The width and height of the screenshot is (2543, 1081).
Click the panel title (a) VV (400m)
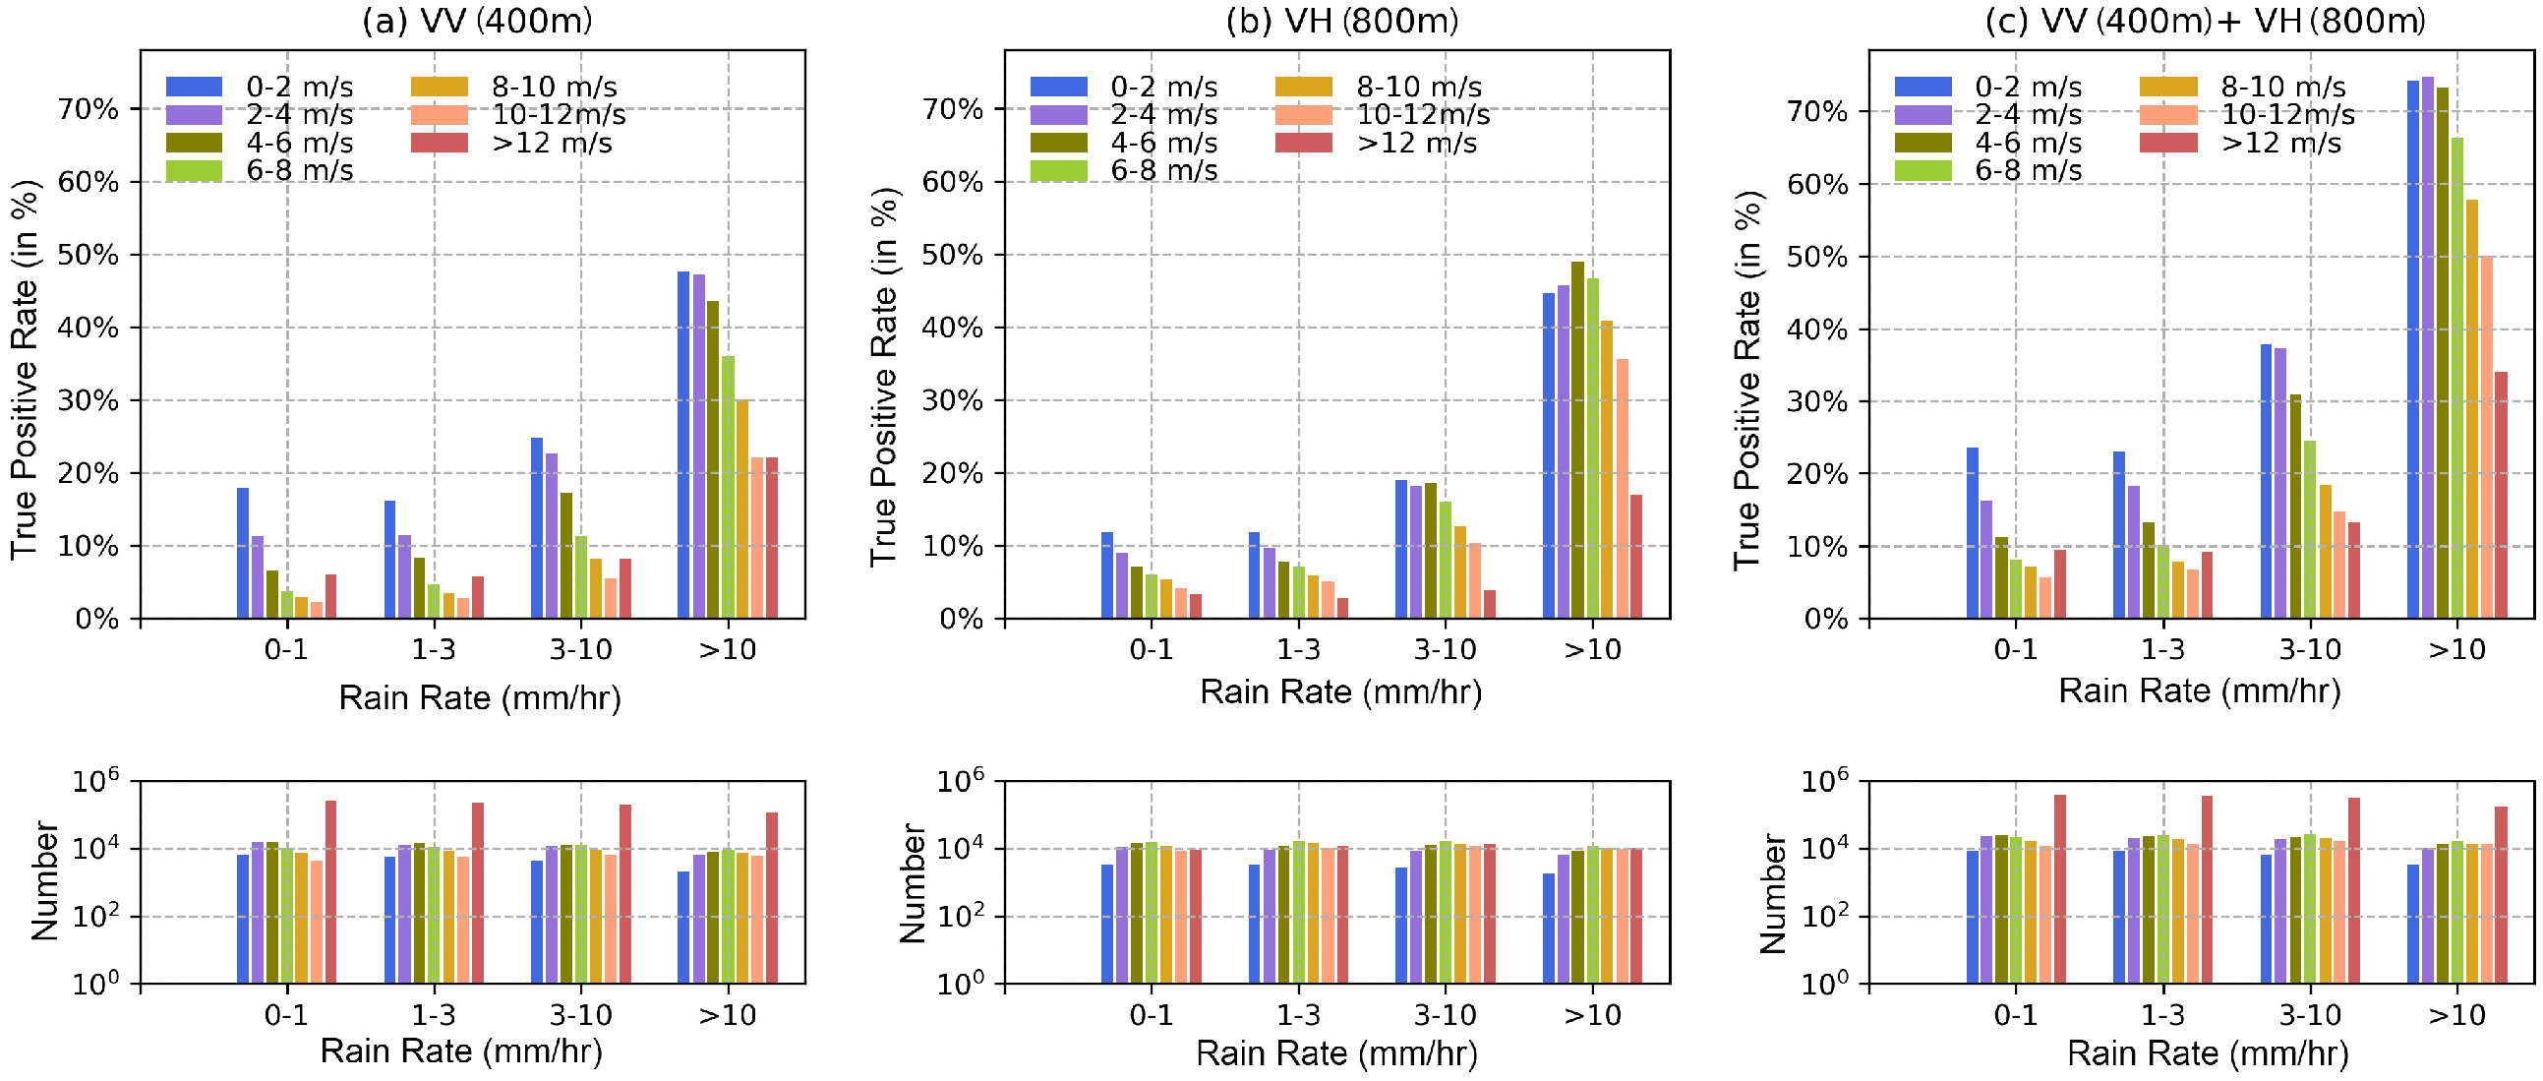point(477,21)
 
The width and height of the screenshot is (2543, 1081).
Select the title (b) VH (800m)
point(1341,21)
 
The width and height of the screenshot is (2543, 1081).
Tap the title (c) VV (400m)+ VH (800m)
point(2205,21)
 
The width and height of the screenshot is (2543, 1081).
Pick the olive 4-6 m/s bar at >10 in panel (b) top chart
point(1577,440)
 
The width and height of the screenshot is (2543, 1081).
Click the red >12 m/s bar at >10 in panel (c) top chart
point(2501,495)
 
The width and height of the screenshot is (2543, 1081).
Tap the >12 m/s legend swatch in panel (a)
point(440,144)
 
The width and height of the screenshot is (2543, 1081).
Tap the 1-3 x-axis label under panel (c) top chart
point(2162,649)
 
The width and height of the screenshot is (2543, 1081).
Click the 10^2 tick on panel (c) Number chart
point(1824,917)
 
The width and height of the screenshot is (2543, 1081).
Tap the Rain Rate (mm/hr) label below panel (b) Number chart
point(1335,1053)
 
